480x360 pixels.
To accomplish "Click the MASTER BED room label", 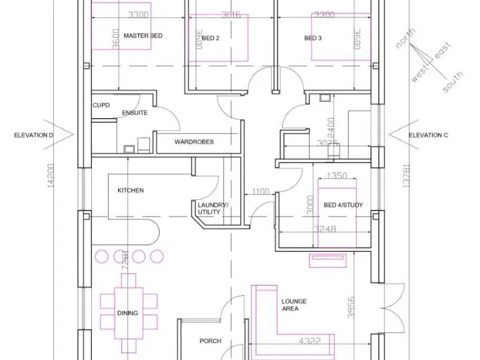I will coord(142,36).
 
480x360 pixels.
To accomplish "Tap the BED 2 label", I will coord(211,39).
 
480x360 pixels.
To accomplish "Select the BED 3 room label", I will coord(312,39).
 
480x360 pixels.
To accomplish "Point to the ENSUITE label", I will coord(134,113).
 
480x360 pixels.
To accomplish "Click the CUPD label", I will coord(101,106).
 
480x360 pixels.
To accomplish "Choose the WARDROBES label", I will coord(194,142).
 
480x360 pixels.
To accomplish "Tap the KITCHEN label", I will coord(131,191).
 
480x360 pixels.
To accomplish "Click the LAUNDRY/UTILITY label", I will coord(212,209).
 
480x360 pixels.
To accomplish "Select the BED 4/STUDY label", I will coord(343,206).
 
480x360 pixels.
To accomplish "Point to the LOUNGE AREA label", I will coord(294,305).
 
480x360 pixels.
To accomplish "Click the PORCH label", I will coord(211,341).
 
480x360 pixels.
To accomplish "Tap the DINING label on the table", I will coord(127,314).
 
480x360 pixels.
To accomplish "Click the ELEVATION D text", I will coord(34,135).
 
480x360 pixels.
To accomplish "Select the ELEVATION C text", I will coord(428,135).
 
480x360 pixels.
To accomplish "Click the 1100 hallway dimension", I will coord(261,192).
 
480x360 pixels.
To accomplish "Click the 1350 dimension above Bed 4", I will coord(337,176).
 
